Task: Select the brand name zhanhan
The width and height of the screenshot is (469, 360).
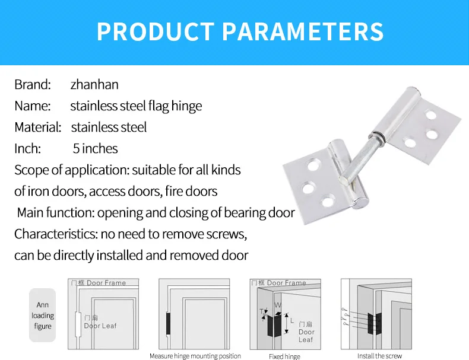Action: (94, 85)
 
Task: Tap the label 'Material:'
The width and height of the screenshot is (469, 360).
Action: (38, 128)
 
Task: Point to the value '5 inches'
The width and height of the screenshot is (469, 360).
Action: (95, 149)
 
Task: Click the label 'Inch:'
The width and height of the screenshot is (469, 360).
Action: (27, 149)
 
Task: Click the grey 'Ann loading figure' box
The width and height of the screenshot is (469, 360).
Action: (42, 316)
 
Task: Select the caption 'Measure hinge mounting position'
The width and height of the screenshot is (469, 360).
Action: (195, 356)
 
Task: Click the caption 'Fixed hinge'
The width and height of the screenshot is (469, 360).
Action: (284, 356)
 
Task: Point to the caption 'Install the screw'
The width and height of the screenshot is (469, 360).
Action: (379, 356)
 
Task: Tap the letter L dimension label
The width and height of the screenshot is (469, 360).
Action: (291, 321)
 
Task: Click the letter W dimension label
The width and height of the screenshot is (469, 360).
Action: (278, 306)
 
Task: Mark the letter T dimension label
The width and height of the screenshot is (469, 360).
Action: (261, 311)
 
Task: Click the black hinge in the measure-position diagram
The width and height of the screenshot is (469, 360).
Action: (169, 323)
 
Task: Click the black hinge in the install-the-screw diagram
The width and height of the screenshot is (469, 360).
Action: (373, 323)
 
